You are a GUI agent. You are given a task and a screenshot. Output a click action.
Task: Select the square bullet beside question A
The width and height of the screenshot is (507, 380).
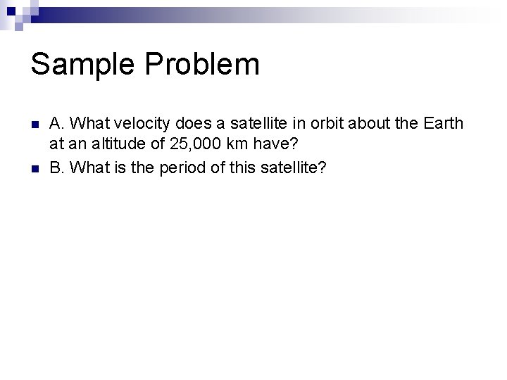35,124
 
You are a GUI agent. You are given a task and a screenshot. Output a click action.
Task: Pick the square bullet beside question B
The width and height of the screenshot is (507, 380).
35,168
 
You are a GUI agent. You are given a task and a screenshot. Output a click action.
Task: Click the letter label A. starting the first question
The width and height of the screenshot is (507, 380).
56,124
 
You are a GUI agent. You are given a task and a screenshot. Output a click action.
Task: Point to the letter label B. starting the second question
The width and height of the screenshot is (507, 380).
56,168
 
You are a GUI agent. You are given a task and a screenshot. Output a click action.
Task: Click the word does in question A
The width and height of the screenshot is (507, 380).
186,124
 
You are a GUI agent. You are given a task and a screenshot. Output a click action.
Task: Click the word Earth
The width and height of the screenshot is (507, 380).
444,124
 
